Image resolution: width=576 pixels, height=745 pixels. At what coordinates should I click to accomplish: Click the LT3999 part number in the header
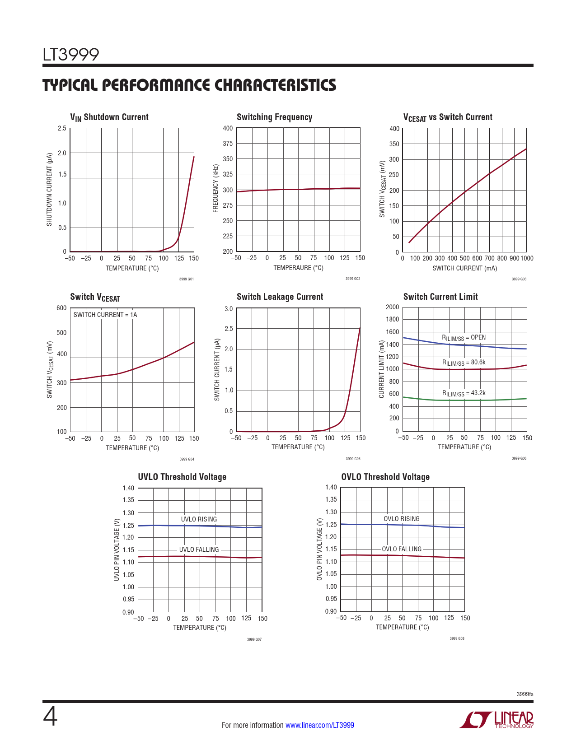[x=71, y=55]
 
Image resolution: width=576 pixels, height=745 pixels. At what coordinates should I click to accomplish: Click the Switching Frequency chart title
[x=274, y=117]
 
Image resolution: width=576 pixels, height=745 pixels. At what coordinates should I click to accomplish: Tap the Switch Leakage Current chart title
[x=280, y=297]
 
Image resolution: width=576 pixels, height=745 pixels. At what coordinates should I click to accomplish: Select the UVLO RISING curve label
[x=199, y=519]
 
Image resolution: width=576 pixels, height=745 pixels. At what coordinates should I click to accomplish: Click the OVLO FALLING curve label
[x=402, y=549]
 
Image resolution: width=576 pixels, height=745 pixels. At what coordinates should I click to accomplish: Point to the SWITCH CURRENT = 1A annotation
[x=105, y=315]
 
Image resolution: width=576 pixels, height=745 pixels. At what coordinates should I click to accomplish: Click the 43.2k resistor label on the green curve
[x=464, y=393]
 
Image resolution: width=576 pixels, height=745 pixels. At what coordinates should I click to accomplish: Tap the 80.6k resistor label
[x=464, y=363]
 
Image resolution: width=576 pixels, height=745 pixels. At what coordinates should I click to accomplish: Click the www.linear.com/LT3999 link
[x=320, y=725]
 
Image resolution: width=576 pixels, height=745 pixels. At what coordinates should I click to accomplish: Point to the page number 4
[x=50, y=717]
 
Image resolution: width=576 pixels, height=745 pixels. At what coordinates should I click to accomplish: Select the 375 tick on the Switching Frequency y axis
[x=228, y=144]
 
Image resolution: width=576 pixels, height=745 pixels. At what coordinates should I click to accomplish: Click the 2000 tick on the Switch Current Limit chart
[x=392, y=307]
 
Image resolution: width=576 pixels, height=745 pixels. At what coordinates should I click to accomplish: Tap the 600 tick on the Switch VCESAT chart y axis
[x=61, y=308]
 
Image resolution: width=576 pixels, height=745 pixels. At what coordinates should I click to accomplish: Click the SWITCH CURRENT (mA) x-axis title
[x=464, y=268]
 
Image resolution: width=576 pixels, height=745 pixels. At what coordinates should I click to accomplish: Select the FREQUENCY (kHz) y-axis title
[x=215, y=188]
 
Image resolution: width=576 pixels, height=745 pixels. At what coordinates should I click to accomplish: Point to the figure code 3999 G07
[x=254, y=639]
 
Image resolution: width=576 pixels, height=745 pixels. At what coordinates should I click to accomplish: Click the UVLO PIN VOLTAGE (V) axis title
[x=117, y=550]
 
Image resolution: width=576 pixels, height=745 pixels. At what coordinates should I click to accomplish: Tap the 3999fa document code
[x=525, y=694]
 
